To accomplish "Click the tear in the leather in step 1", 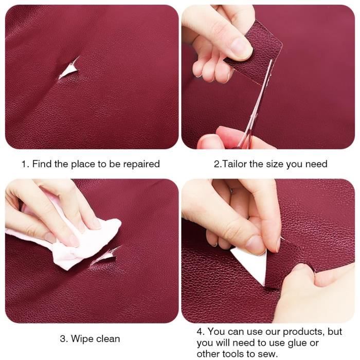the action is point(69,69).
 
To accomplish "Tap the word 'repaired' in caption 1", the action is point(141,165).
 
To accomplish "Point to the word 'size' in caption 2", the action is point(275,164).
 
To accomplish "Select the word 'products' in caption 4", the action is point(303,332).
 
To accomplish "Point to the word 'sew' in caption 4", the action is point(269,354).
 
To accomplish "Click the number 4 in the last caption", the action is point(200,332).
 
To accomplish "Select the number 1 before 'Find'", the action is point(24,165).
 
